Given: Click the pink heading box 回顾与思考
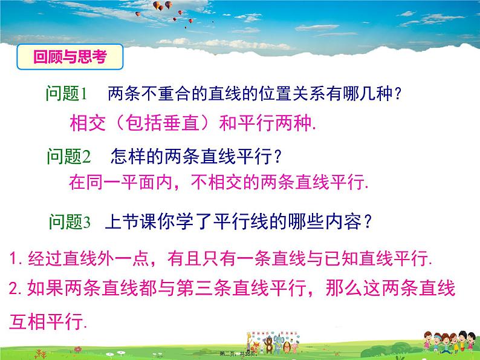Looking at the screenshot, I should pos(70,57).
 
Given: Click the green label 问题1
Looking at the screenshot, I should pos(67,94).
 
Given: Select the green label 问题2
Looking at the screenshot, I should pos(68,157).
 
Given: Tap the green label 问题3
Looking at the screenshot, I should pos(70,222).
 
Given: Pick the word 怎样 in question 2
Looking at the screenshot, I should pos(126,157).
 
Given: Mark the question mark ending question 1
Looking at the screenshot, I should pos(394,94).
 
